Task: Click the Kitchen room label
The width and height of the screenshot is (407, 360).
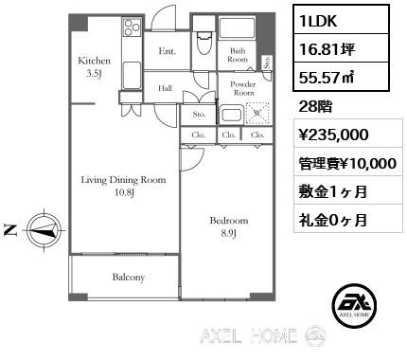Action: [x=94, y=61]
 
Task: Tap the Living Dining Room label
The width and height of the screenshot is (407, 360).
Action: [x=123, y=180]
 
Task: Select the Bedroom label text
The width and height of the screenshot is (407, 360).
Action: [x=229, y=221]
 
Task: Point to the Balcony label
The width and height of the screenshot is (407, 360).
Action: [x=129, y=278]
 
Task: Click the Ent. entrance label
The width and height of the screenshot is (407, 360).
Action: [x=168, y=51]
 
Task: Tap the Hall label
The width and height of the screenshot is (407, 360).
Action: [x=165, y=88]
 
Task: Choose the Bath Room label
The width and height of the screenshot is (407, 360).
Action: [x=238, y=55]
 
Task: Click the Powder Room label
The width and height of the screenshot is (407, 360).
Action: [x=243, y=88]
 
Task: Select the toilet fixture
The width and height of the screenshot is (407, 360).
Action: [x=203, y=44]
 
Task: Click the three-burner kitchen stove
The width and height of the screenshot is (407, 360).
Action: [x=132, y=27]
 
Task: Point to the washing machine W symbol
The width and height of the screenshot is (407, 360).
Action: [x=257, y=113]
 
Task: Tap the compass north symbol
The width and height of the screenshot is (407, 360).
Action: [x=44, y=230]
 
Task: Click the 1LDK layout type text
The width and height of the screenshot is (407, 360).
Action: [x=318, y=21]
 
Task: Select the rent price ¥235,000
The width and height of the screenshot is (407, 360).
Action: [x=334, y=135]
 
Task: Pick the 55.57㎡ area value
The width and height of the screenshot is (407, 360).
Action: [x=327, y=77]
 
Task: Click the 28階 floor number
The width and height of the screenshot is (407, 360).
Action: [x=315, y=107]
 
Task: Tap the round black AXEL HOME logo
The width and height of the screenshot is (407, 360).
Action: [x=354, y=305]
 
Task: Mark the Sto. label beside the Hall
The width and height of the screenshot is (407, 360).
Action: [x=199, y=114]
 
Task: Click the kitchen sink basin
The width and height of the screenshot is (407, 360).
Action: [x=132, y=76]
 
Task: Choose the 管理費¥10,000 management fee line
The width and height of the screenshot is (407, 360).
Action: [x=347, y=164]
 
